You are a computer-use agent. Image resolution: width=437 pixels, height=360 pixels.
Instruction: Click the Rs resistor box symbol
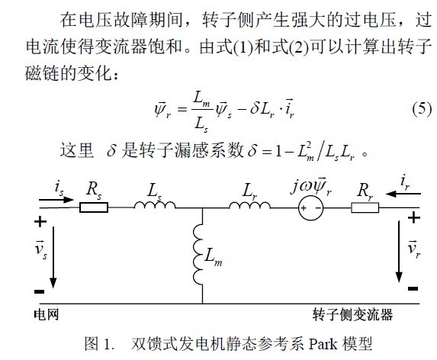tap(94, 207)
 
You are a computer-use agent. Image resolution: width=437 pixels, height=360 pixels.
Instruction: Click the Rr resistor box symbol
tap(365, 207)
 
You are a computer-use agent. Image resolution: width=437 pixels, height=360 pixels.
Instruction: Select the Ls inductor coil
tap(155, 205)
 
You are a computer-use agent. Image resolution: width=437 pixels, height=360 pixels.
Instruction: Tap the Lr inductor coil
tap(249, 205)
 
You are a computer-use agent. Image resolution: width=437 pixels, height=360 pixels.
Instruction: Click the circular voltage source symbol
tap(310, 208)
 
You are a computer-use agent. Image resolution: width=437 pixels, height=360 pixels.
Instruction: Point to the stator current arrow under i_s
tap(56, 200)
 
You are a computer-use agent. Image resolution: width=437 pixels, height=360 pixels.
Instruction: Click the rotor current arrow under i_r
tap(403, 194)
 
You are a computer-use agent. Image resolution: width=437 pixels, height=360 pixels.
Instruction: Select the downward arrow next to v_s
tap(53, 257)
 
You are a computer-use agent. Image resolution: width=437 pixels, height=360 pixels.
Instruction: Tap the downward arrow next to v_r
tap(399, 252)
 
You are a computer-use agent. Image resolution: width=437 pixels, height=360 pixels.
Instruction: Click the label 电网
tap(47, 314)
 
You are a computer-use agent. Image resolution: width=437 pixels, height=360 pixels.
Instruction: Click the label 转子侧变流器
tap(352, 314)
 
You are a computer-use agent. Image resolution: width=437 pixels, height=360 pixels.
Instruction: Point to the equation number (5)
tap(422, 108)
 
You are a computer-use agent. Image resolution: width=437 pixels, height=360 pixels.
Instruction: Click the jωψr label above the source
tap(311, 186)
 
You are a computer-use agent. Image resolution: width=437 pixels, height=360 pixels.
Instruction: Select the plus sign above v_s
tap(40, 222)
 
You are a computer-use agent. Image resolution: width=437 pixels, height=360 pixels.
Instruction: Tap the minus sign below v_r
tap(413, 288)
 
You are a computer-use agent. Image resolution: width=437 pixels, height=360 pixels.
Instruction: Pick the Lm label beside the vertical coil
tap(214, 256)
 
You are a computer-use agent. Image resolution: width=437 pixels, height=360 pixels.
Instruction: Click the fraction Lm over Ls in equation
tap(201, 111)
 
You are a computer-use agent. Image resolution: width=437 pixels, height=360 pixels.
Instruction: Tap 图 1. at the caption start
tap(99, 343)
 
